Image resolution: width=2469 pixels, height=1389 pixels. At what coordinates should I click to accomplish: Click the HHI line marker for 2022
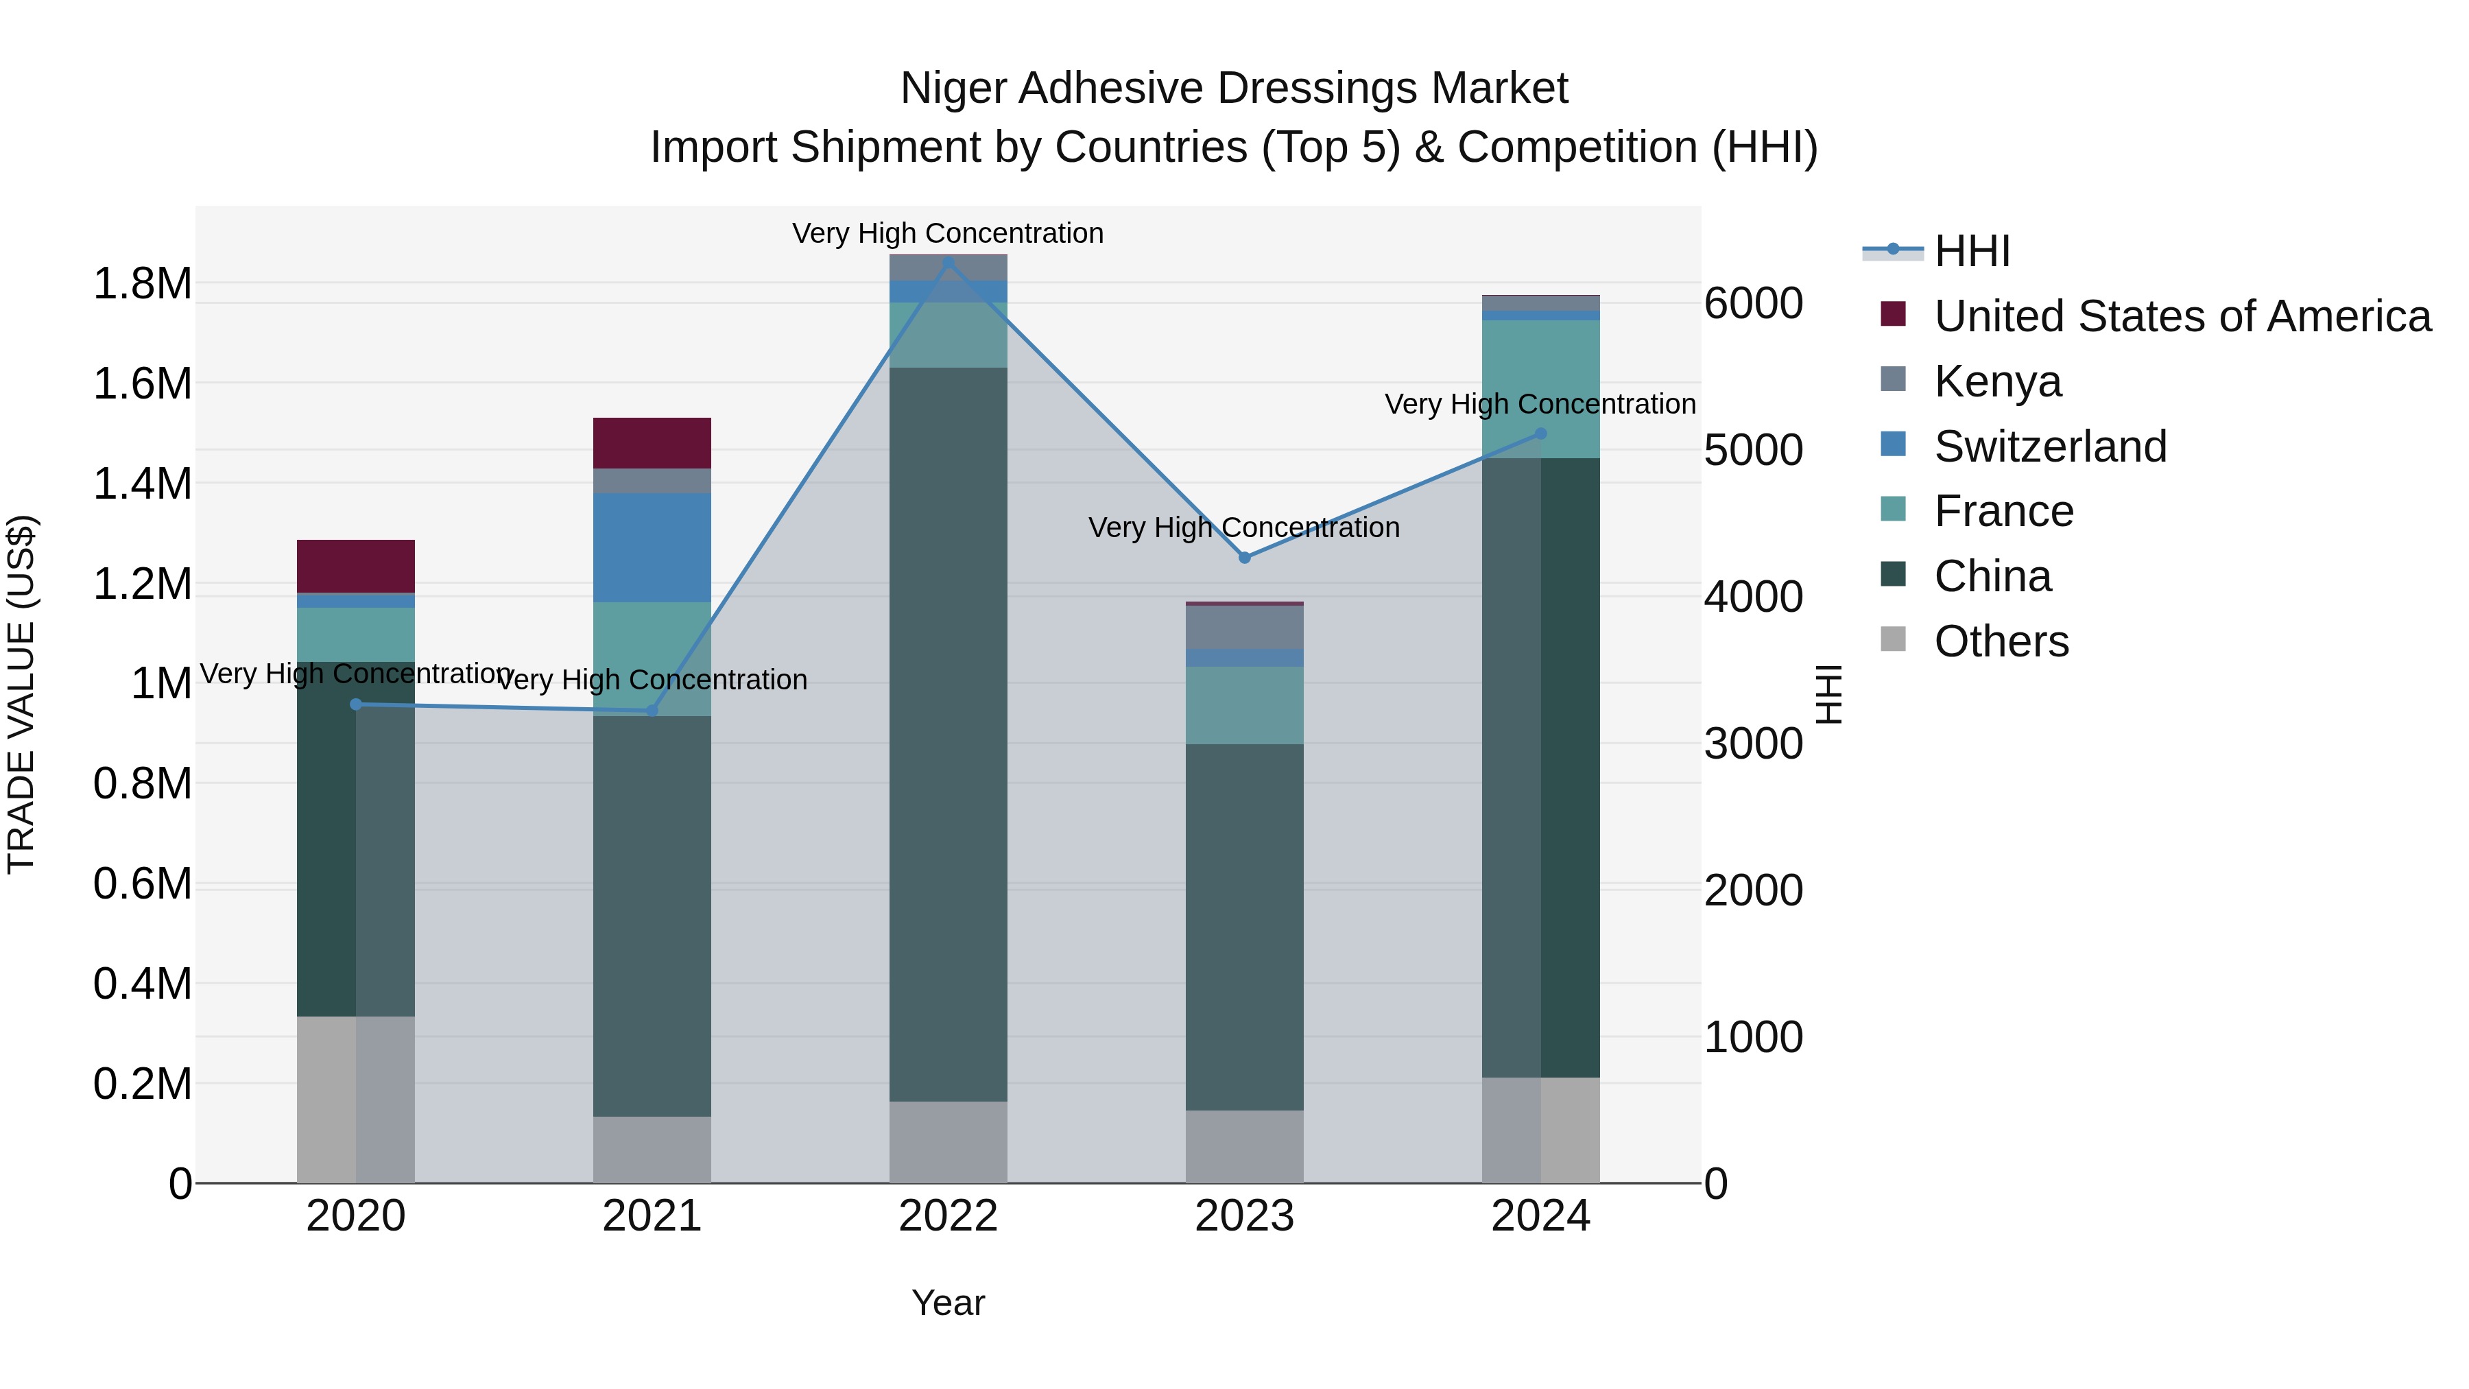(x=948, y=263)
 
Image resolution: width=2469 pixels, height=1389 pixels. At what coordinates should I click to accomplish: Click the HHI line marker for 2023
(x=1244, y=558)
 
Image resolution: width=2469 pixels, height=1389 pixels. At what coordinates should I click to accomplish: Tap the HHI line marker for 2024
(x=1540, y=434)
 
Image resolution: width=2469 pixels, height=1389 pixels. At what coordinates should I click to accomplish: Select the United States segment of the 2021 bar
(x=652, y=443)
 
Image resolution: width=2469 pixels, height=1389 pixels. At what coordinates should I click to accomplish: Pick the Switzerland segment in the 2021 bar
(x=652, y=547)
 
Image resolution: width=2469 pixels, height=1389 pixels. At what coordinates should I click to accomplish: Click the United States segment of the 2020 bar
(x=355, y=566)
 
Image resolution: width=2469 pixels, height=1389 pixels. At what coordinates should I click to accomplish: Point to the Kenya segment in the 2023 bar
(x=1244, y=627)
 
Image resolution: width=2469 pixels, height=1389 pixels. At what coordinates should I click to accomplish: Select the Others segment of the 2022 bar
(x=948, y=1141)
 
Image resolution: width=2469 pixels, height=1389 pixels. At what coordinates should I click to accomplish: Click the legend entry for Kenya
(x=1997, y=381)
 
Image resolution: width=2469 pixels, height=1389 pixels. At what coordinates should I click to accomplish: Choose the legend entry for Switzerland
(x=2049, y=447)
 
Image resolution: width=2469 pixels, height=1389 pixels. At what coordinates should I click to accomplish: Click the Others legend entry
(x=2001, y=641)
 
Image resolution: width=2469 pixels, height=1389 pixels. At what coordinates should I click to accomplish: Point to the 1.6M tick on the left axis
(x=142, y=384)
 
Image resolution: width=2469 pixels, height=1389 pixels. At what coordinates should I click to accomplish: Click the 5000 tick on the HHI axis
(x=1753, y=451)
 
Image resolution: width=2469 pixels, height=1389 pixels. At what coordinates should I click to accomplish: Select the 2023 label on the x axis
(x=1244, y=1216)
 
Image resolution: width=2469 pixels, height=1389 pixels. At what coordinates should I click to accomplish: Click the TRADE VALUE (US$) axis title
(x=21, y=694)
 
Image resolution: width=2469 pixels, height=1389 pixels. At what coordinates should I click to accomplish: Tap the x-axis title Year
(x=948, y=1303)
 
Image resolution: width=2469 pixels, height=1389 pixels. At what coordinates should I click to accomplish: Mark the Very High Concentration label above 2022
(x=948, y=233)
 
